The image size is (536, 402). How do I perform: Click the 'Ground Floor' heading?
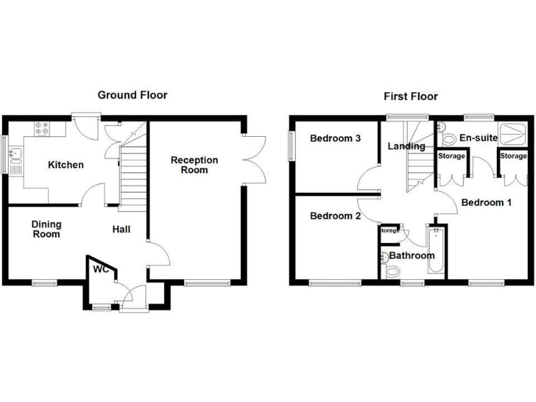pyautogui.click(x=132, y=95)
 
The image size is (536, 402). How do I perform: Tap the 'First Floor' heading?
pyautogui.click(x=411, y=96)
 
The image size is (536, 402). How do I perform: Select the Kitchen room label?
pyautogui.click(x=66, y=165)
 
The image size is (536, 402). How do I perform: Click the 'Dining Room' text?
pyautogui.click(x=46, y=229)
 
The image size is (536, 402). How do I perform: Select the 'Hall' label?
pyautogui.click(x=121, y=229)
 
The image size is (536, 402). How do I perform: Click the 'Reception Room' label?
pyautogui.click(x=195, y=165)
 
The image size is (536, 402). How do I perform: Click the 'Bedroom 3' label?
pyautogui.click(x=336, y=138)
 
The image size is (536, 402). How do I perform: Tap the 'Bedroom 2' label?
pyautogui.click(x=336, y=216)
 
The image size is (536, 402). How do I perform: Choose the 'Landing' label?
pyautogui.click(x=406, y=147)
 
